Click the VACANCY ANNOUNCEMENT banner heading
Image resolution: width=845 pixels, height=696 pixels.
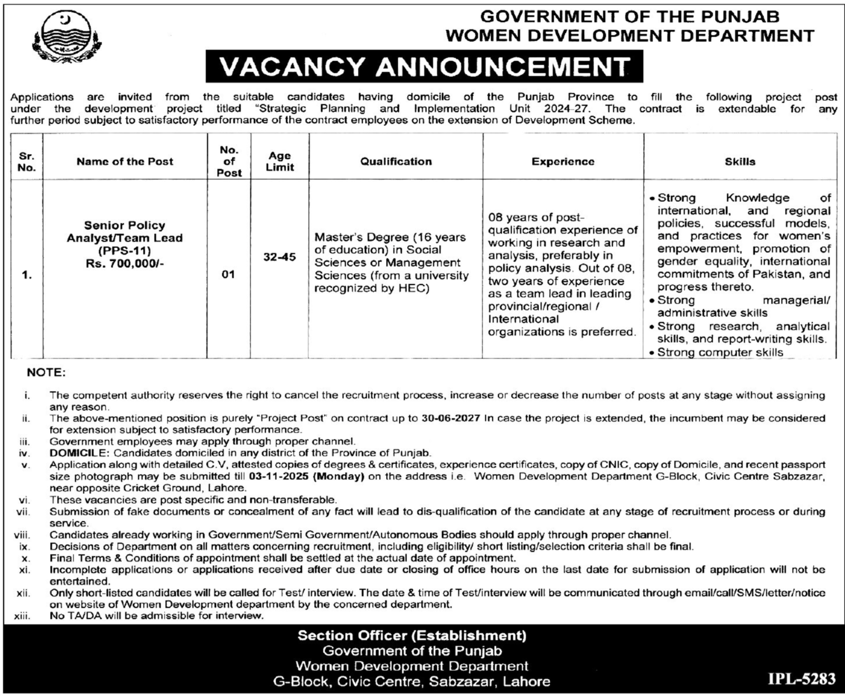click(424, 67)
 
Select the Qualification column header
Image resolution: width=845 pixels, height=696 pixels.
click(396, 162)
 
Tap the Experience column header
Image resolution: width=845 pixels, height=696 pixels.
click(562, 162)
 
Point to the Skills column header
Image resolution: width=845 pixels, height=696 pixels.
click(739, 162)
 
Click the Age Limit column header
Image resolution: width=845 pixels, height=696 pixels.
click(279, 161)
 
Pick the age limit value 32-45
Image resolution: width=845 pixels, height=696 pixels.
click(279, 257)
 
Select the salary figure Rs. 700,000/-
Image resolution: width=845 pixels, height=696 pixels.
click(125, 263)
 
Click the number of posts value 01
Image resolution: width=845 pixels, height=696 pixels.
click(228, 275)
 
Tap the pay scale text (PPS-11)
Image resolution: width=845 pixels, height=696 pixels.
click(125, 250)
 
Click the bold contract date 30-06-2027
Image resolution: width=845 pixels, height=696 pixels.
click(450, 418)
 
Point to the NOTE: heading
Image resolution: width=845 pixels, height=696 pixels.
click(46, 373)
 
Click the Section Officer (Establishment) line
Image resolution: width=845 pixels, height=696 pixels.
click(412, 635)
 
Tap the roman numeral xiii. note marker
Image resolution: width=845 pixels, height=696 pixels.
click(22, 616)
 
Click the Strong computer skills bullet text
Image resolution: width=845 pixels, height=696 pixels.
click(720, 352)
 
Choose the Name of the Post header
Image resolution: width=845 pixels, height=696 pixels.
click(125, 162)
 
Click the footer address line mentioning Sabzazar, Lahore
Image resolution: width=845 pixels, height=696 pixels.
click(411, 682)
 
